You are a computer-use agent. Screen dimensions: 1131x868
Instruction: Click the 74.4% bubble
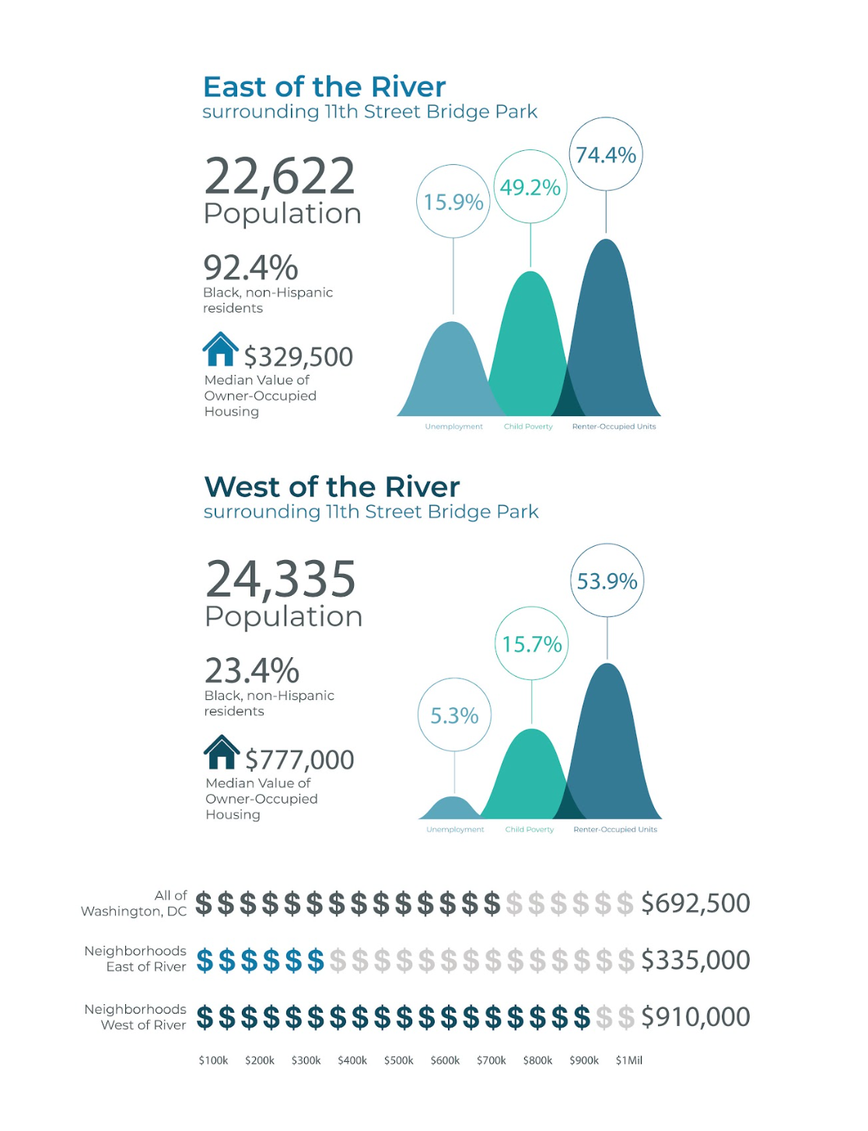(606, 155)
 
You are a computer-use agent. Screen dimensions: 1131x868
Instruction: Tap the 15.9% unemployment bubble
(453, 201)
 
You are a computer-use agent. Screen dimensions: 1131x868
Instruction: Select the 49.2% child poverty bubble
(530, 187)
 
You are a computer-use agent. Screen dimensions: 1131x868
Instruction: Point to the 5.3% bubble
(454, 716)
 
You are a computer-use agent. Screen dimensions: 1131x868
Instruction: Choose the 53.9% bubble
(607, 581)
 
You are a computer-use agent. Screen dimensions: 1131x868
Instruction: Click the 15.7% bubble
(532, 644)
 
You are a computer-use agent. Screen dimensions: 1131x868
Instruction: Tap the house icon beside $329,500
(221, 349)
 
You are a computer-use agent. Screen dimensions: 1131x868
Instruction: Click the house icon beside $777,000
(222, 752)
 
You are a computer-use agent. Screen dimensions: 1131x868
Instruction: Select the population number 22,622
(279, 177)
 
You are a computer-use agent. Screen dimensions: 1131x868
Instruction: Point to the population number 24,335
(281, 580)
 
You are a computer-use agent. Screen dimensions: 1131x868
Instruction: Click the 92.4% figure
(250, 268)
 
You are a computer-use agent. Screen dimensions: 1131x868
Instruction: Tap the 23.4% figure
(252, 671)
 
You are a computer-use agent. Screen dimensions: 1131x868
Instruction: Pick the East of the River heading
(324, 86)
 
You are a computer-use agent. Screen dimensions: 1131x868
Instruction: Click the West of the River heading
(332, 487)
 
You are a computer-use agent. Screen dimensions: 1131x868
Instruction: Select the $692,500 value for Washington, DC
(695, 903)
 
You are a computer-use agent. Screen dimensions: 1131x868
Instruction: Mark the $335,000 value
(695, 961)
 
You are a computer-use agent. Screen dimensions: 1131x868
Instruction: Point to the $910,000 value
(695, 1017)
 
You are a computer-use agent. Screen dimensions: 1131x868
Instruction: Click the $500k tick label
(399, 1060)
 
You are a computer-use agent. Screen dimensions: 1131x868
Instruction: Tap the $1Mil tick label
(629, 1060)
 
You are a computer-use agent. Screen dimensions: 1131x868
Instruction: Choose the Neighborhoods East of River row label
(135, 959)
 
